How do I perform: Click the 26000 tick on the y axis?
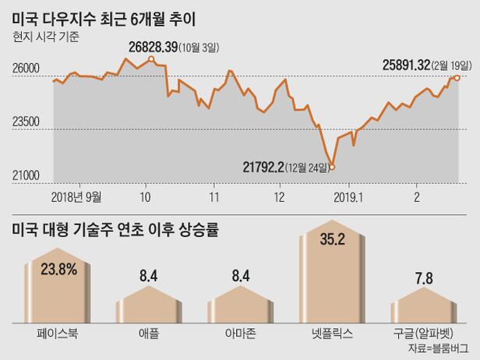click(x=26, y=69)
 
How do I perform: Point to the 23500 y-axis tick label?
click(x=26, y=122)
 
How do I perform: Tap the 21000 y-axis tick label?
click(x=26, y=176)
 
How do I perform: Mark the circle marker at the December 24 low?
click(x=332, y=166)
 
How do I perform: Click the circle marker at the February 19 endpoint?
click(x=457, y=77)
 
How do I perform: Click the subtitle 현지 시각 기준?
click(x=45, y=34)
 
